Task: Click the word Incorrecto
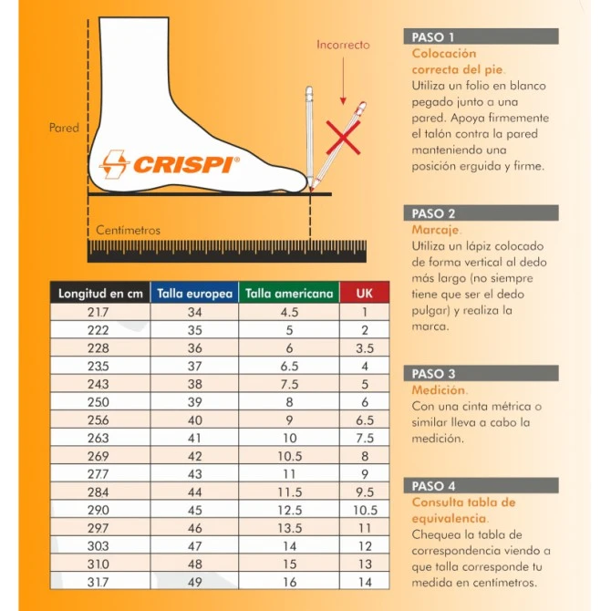(343, 45)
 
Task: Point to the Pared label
(64, 128)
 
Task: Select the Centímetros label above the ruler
(128, 230)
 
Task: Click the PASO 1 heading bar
(481, 36)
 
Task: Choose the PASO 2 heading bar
(481, 213)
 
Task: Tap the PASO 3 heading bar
(481, 373)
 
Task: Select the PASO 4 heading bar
(481, 485)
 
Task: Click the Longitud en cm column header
(100, 293)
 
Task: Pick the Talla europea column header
(194, 293)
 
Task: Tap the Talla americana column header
(289, 293)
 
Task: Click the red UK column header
(365, 293)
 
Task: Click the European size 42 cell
(194, 456)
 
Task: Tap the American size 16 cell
(289, 582)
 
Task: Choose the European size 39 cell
(194, 402)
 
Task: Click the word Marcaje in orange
(436, 230)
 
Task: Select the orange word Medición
(439, 389)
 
